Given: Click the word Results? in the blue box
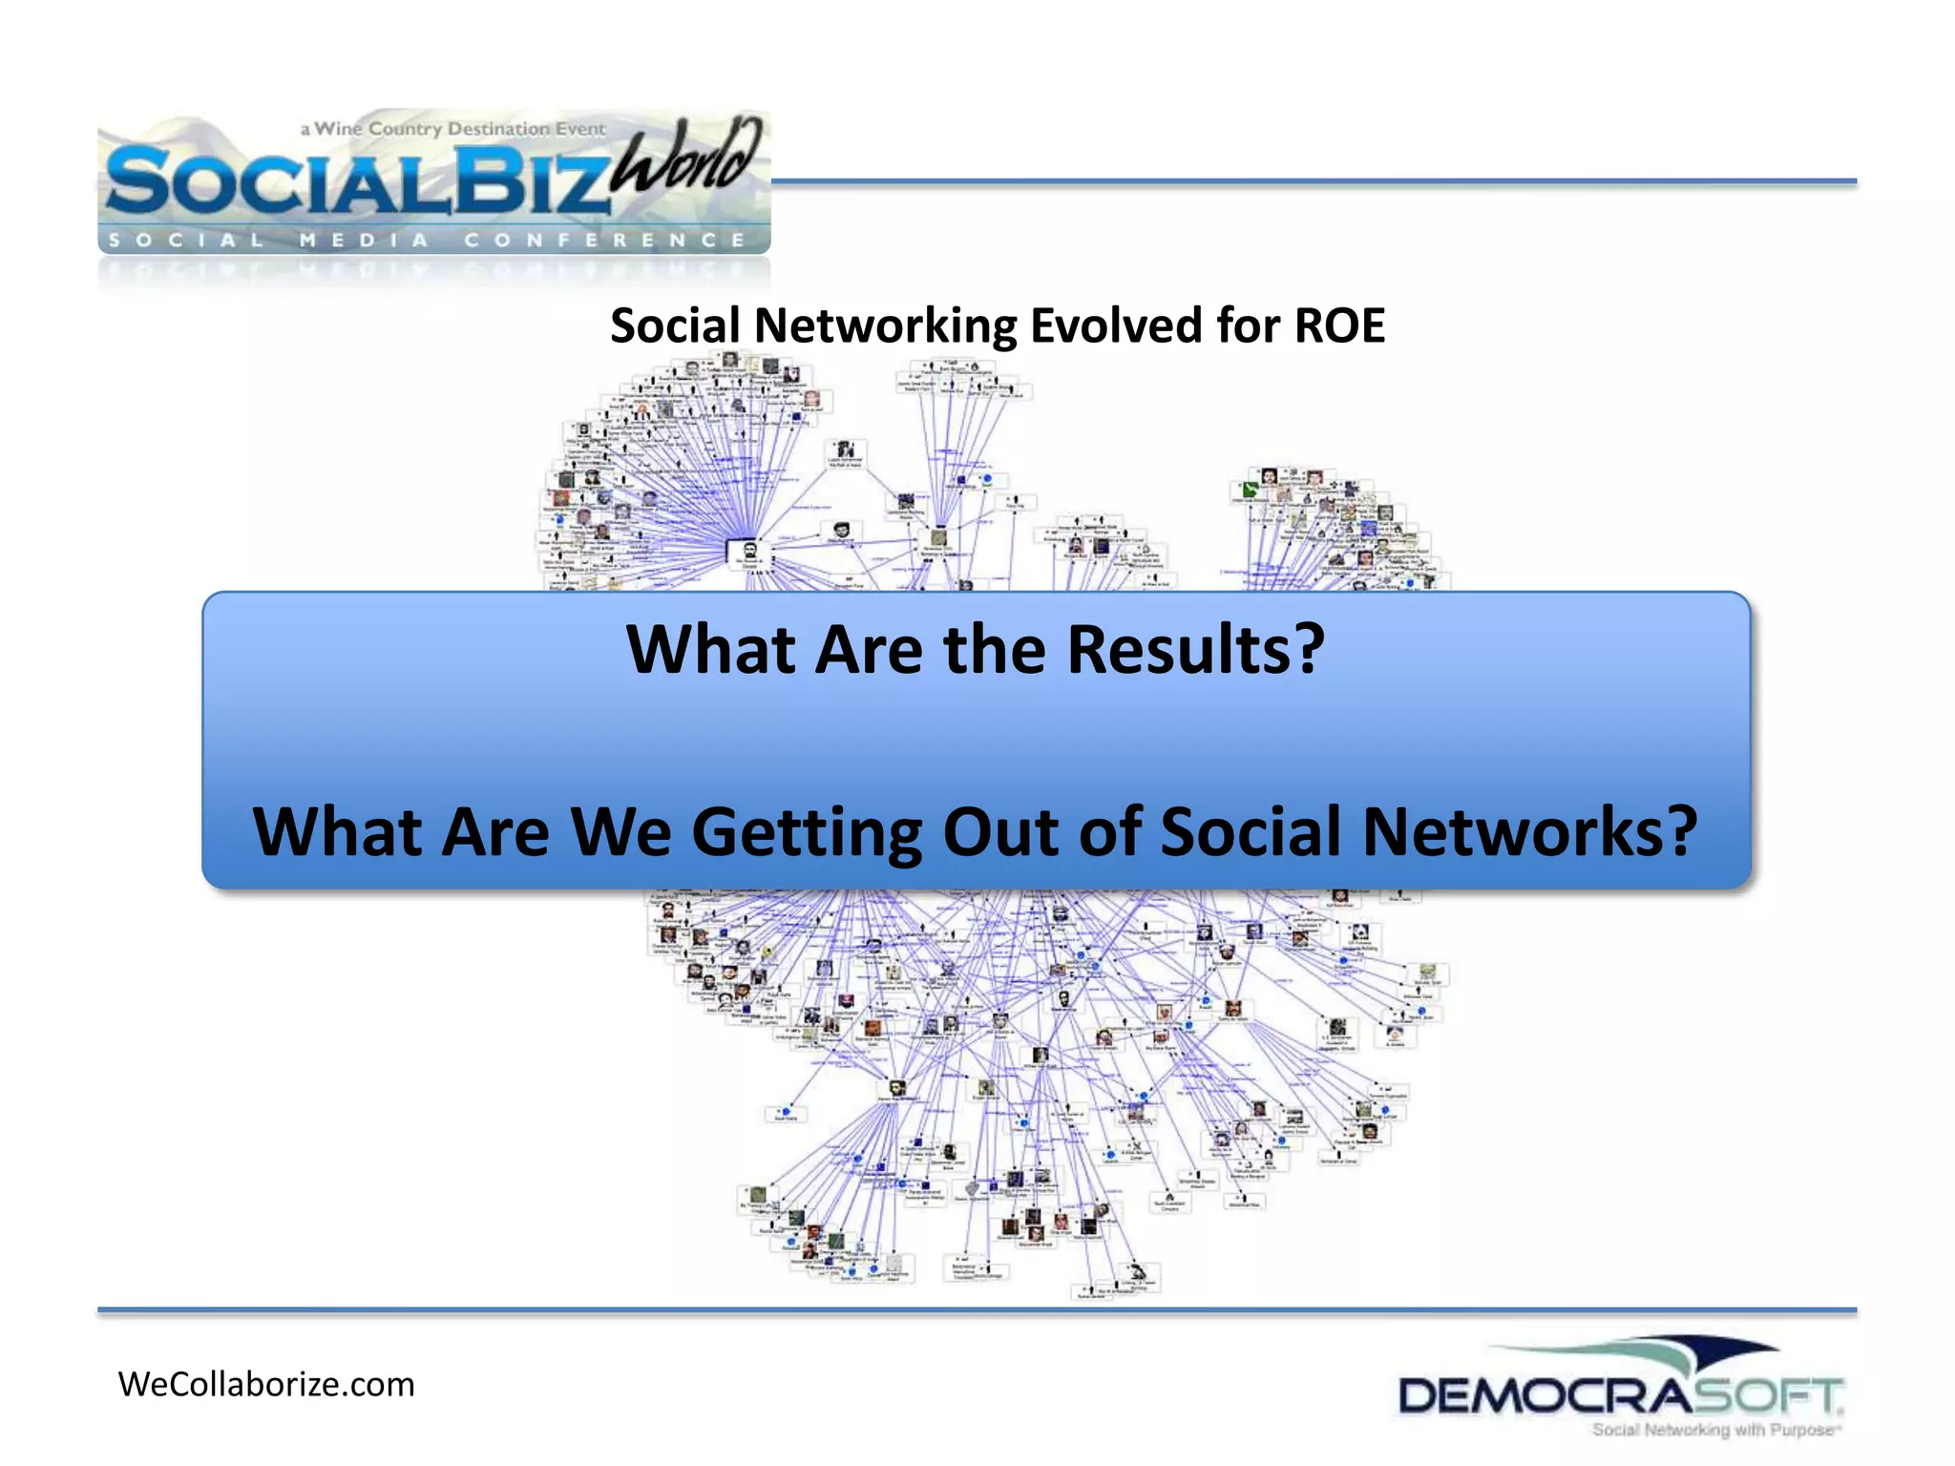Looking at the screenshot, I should click(1195, 650).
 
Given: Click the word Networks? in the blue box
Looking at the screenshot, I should click(1528, 831).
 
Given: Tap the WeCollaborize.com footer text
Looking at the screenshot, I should click(266, 1385).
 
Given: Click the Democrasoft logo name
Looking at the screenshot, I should click(1619, 1396).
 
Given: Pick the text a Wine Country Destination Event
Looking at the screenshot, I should click(452, 129).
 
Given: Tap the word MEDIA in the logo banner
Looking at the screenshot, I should click(364, 241).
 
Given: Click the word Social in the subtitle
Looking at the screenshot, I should click(675, 326).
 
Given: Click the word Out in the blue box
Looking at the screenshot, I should click(1001, 831).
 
